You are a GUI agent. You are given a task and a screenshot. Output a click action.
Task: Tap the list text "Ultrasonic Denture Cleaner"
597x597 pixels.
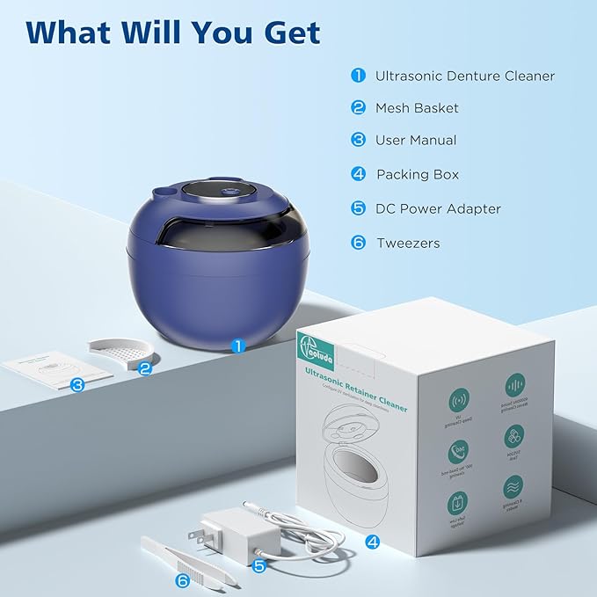click(x=465, y=76)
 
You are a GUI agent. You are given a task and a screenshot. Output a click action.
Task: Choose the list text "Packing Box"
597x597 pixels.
click(x=418, y=174)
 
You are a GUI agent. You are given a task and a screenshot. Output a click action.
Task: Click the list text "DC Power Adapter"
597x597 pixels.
click(x=438, y=208)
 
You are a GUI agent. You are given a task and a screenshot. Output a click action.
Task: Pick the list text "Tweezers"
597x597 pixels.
click(x=408, y=243)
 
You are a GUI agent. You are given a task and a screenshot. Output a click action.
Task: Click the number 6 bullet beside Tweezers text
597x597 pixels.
click(x=358, y=243)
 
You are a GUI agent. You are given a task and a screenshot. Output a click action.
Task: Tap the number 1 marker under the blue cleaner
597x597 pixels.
click(x=238, y=346)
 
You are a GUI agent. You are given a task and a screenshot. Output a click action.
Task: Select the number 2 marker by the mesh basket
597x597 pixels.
click(x=146, y=370)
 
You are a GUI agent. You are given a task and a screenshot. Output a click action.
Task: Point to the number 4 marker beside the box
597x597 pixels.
click(x=373, y=542)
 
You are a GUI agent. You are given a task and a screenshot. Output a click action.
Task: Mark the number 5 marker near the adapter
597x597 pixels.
click(x=258, y=566)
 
